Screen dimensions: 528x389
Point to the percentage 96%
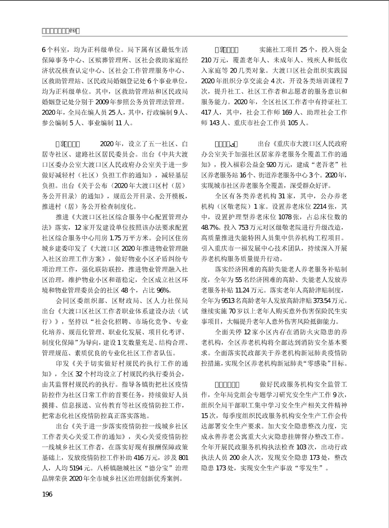click(x=164, y=290)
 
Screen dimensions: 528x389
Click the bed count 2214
click(x=320, y=207)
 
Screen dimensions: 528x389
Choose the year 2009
click(x=102, y=102)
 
